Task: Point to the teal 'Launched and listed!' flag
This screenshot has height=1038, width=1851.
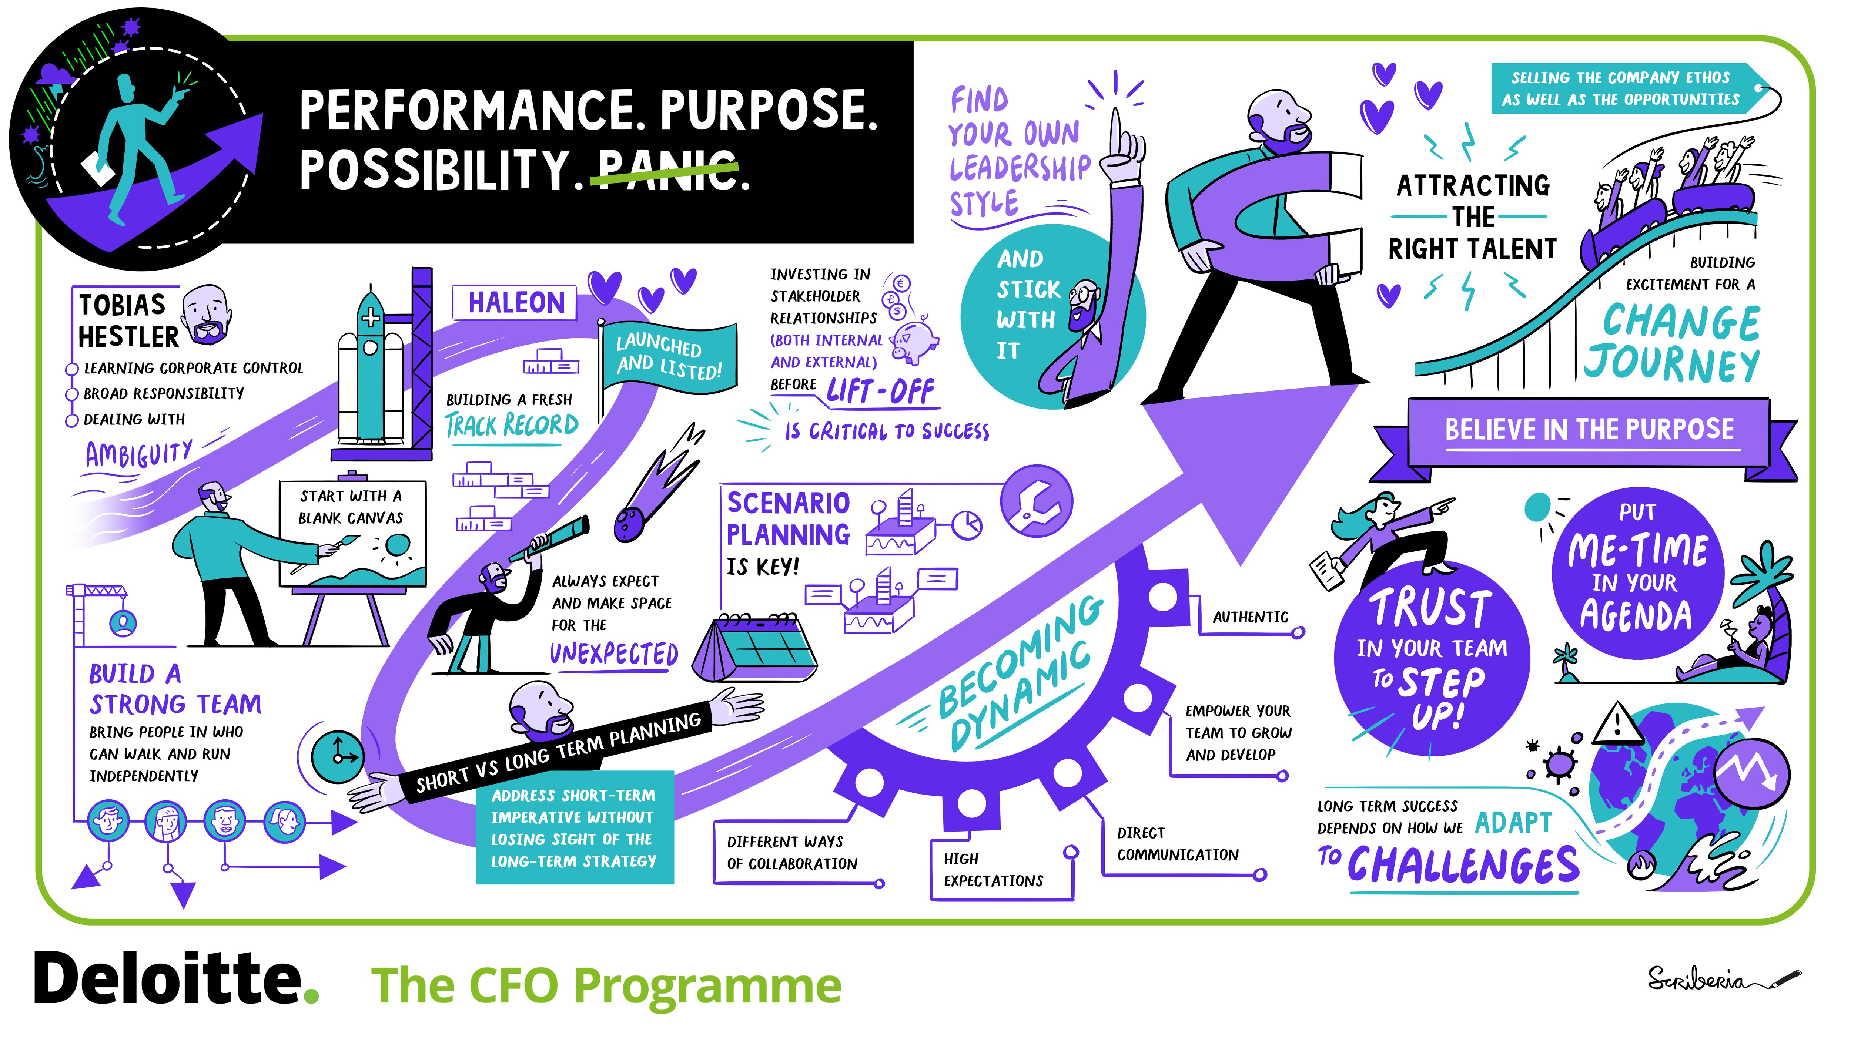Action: coord(668,357)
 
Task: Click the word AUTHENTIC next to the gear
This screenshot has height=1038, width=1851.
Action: coord(1250,617)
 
